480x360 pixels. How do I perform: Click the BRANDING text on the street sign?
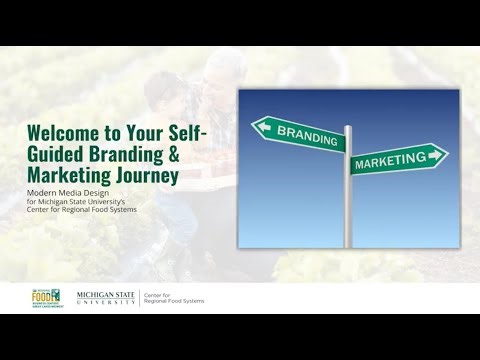304,133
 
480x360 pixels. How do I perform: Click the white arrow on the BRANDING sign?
265,126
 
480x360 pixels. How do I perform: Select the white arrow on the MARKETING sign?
435,155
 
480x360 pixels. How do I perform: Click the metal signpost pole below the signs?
348,215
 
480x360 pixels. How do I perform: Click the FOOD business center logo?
48,297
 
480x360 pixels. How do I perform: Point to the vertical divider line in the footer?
140,298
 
